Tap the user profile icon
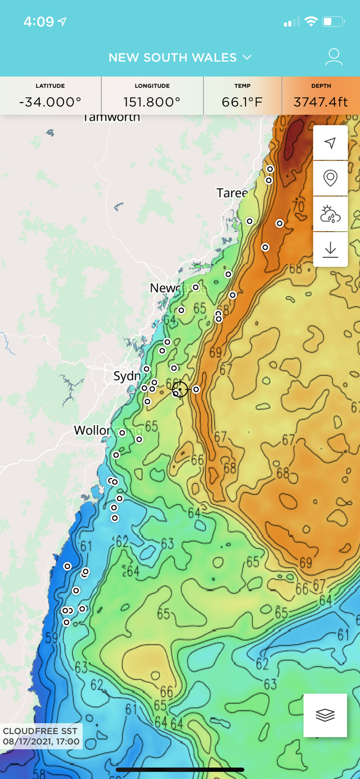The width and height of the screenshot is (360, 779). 333,57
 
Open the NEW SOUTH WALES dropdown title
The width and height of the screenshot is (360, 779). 180,58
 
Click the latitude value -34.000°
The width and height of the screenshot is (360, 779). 50,102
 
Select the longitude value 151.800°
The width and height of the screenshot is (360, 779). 152,102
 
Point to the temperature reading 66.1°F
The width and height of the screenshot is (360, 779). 242,102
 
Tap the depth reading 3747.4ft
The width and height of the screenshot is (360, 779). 320,102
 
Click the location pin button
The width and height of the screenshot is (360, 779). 330,178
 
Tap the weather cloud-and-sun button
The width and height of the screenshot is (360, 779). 330,214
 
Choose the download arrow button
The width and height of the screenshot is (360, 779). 330,249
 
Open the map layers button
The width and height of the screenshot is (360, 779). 325,715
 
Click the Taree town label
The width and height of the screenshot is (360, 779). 232,193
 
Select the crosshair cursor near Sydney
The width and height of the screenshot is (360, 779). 180,389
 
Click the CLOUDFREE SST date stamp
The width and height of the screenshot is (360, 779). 41,736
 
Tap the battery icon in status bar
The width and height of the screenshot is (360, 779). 333,22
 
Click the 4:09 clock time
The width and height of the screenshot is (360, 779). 39,22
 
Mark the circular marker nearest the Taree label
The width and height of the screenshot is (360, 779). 250,221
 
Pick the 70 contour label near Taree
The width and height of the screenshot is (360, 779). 298,206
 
